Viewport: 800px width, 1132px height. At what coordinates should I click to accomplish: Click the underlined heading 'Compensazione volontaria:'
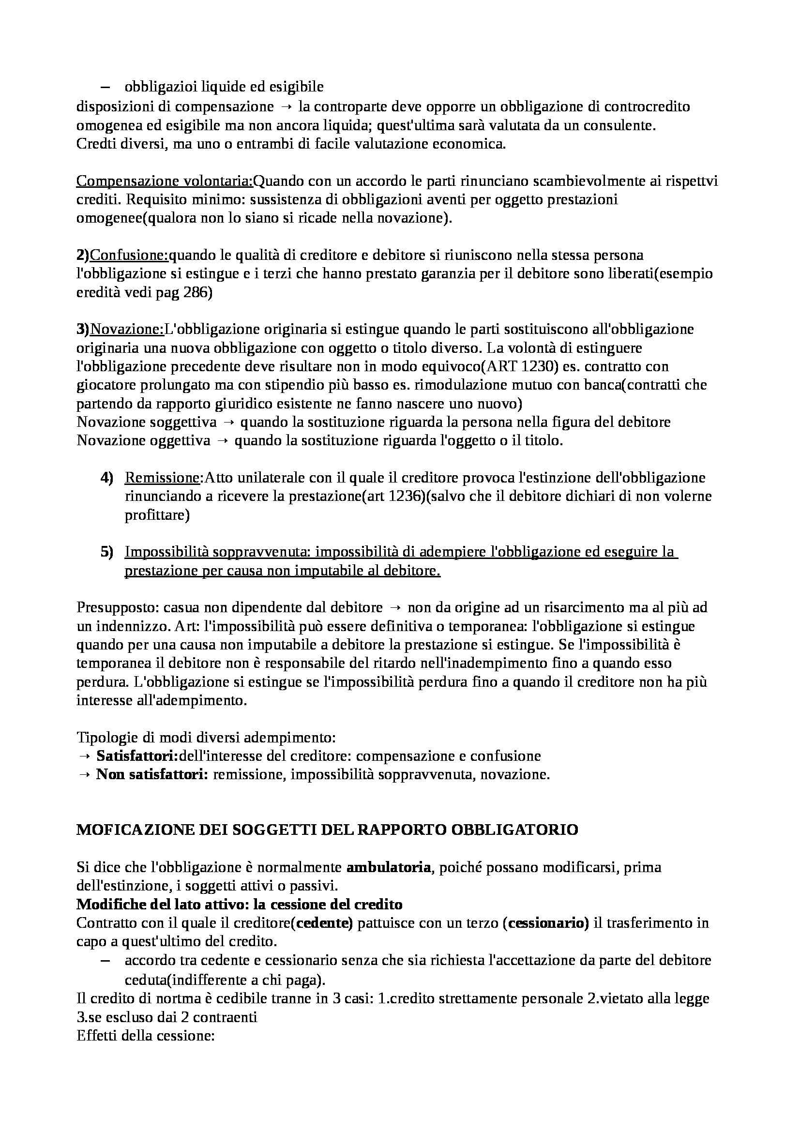pyautogui.click(x=164, y=181)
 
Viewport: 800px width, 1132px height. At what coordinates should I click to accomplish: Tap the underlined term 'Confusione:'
pyautogui.click(x=130, y=256)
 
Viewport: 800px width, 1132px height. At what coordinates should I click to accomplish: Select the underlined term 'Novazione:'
pyautogui.click(x=127, y=330)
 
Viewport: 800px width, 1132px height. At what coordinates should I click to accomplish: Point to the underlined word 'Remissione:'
pyautogui.click(x=164, y=478)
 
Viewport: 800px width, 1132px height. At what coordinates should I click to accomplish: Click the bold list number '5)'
pyautogui.click(x=107, y=552)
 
